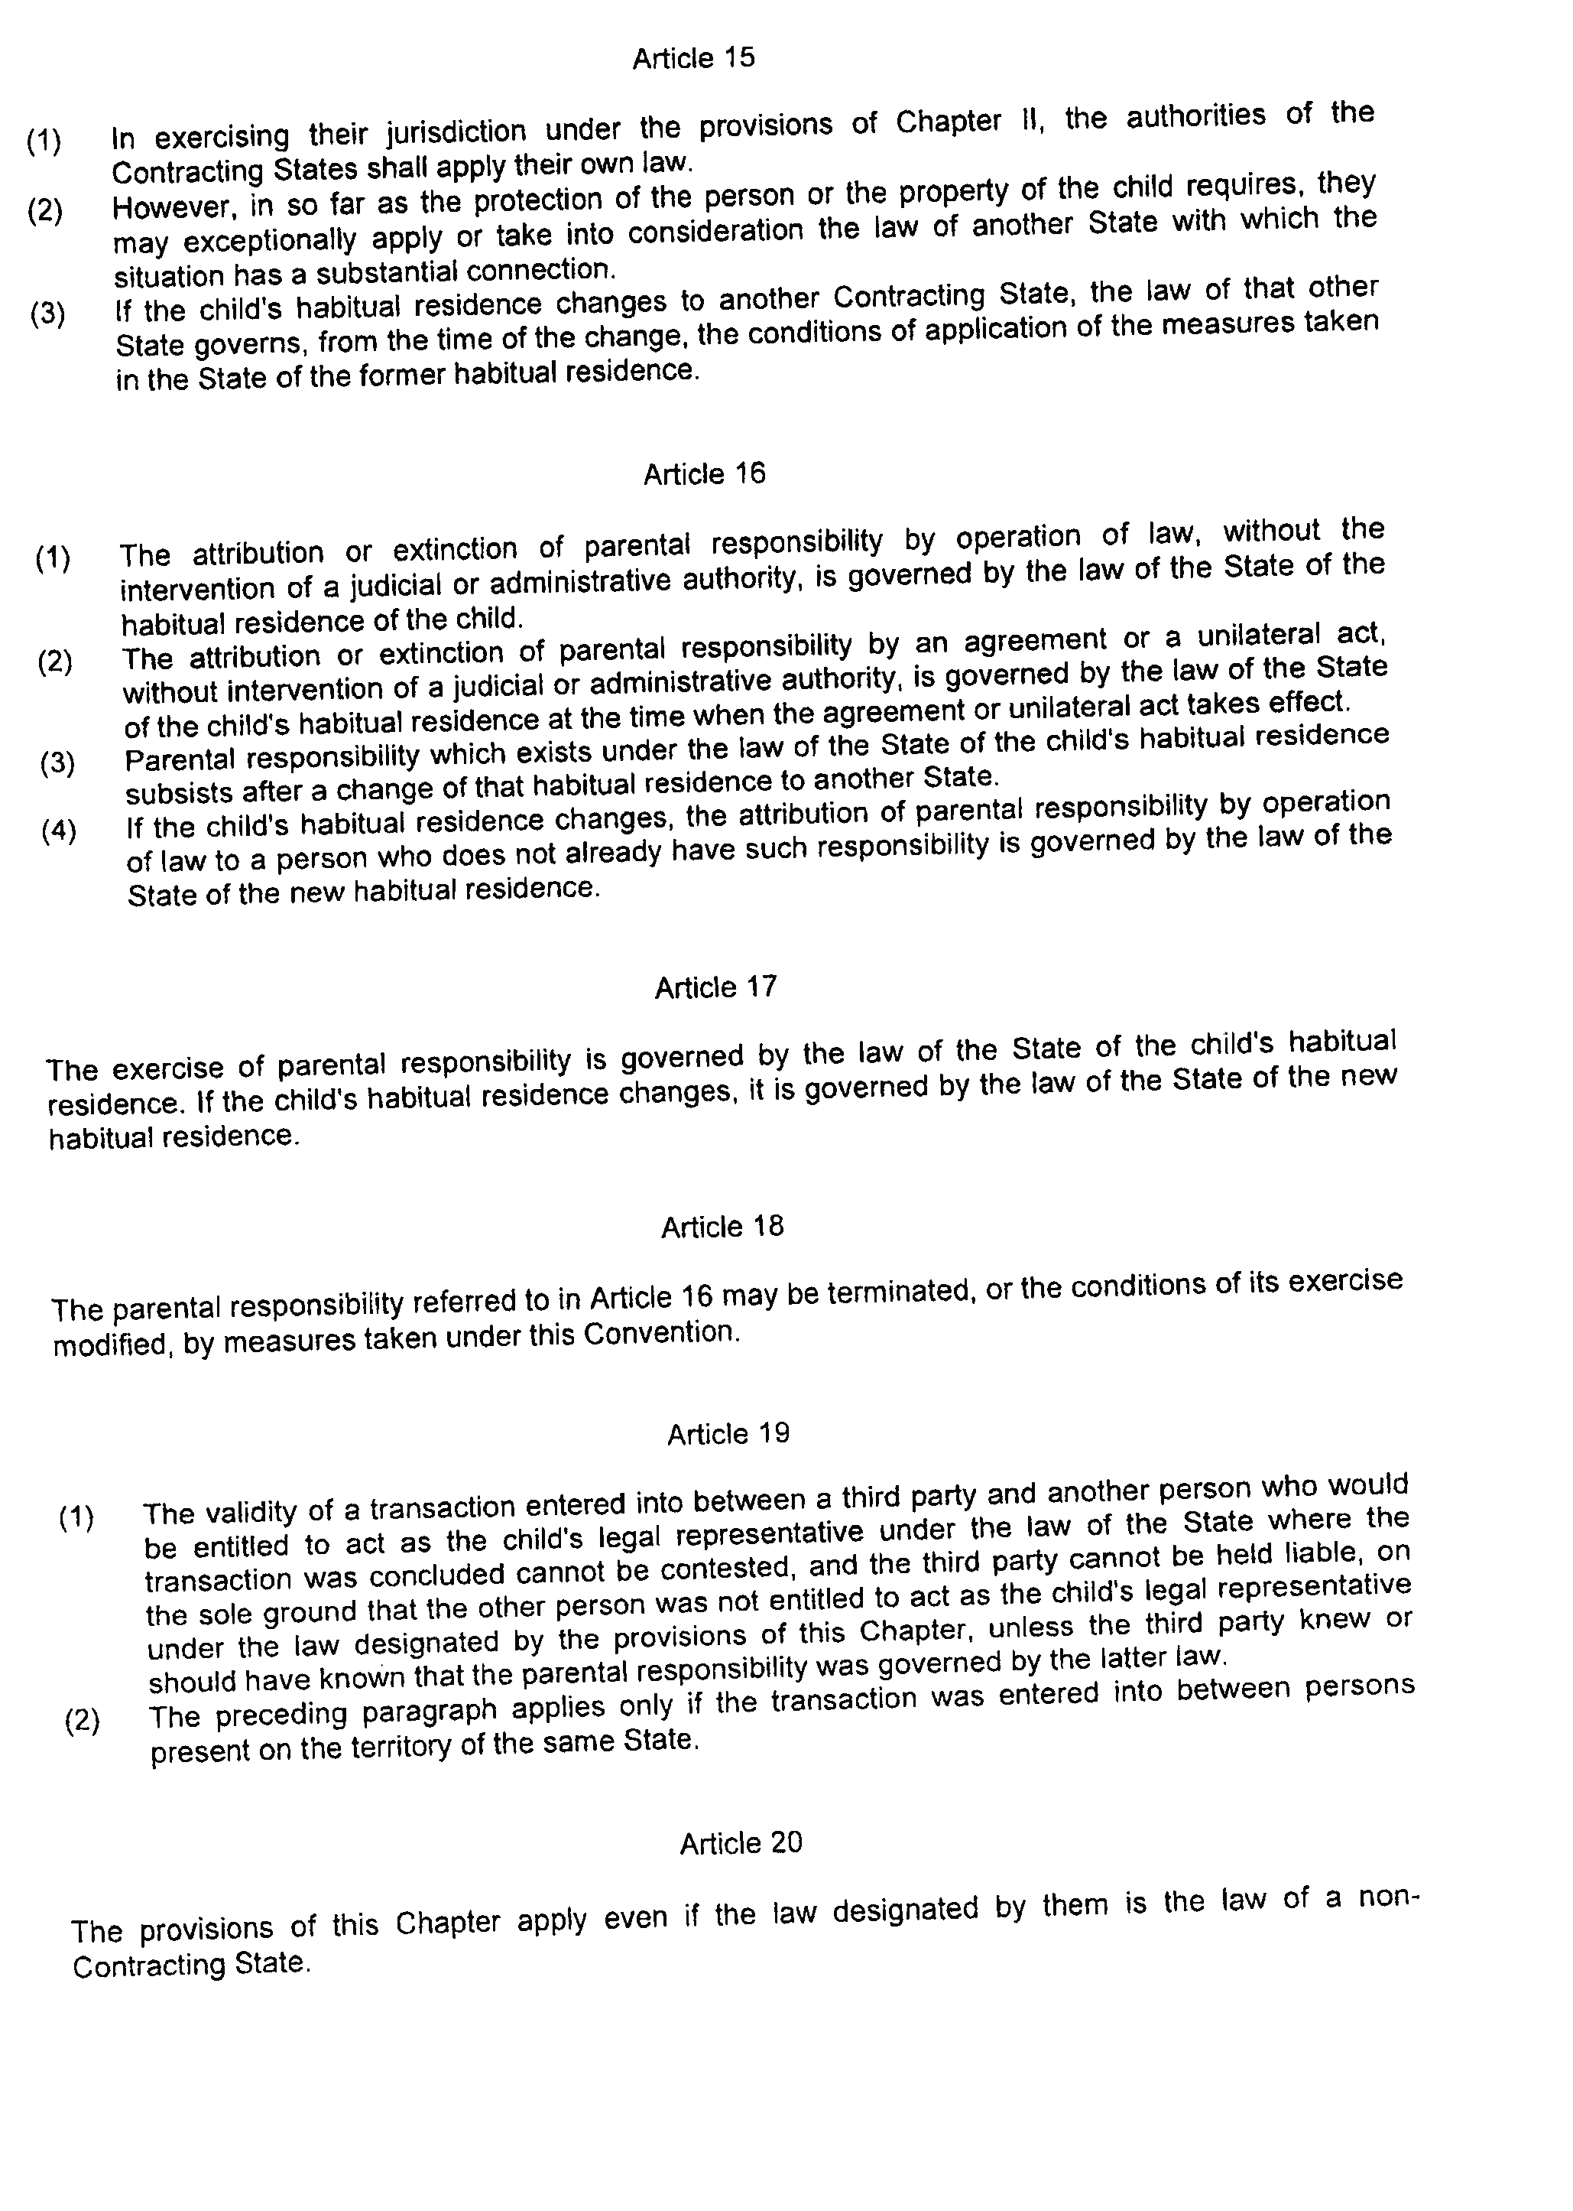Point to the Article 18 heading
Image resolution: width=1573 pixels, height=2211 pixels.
click(x=722, y=1227)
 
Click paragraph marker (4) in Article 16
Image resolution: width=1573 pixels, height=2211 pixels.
click(x=59, y=831)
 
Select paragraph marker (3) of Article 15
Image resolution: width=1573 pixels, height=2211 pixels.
click(x=47, y=314)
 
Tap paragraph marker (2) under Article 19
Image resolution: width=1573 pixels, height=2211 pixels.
click(x=81, y=1721)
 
